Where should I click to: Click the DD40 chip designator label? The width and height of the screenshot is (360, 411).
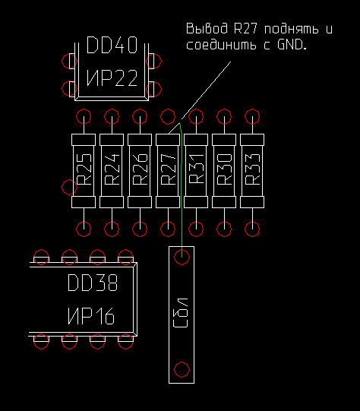pos(112,45)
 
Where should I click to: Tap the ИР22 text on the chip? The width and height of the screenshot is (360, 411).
pos(112,77)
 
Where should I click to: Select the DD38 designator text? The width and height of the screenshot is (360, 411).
pos(93,283)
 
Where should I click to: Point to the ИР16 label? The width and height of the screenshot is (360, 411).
pos(91,315)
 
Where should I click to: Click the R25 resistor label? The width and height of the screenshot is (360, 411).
pos(84,169)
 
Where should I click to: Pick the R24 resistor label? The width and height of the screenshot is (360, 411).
pos(112,169)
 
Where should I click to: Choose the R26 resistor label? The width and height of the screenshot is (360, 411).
pos(141,169)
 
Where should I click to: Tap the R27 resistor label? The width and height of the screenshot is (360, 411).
pos(168,169)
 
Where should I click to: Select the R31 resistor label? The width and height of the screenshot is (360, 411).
pos(196,169)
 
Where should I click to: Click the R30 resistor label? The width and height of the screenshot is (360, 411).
pos(225,169)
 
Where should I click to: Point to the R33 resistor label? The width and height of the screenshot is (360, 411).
pos(253,169)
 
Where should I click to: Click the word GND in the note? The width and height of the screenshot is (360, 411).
pos(291,45)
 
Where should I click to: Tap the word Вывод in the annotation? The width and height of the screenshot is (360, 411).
pos(207,28)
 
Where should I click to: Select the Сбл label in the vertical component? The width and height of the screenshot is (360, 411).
pos(181,313)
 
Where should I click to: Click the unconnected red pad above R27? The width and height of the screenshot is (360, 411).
pos(168,116)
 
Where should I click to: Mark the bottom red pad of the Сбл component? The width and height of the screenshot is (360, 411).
pos(182,369)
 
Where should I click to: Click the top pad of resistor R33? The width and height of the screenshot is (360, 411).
pos(252,116)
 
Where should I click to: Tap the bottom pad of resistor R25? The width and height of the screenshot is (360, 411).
pos(84,229)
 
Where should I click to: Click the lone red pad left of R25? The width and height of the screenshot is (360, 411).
pos(69,187)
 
